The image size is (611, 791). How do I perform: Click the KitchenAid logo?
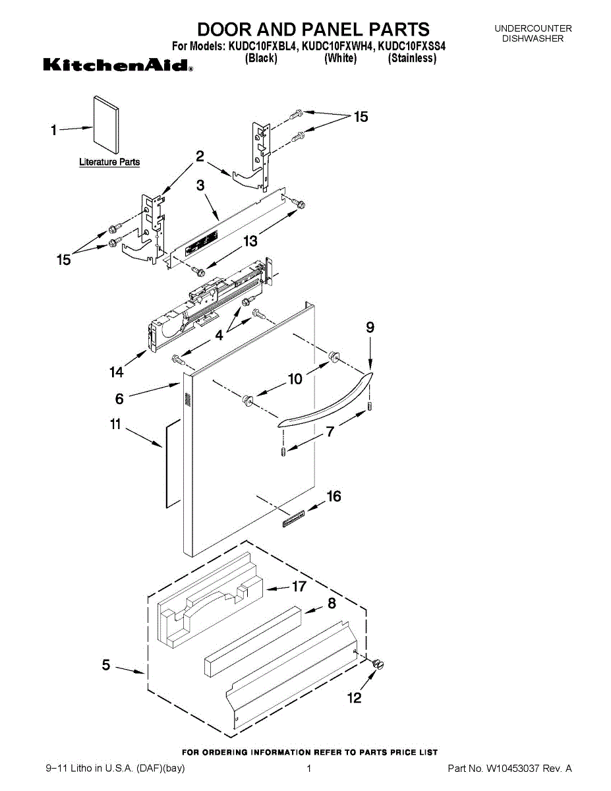click(118, 65)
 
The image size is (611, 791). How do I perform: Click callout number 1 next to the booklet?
click(54, 131)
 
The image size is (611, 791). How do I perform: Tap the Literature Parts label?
click(109, 162)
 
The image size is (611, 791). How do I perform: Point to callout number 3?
click(200, 186)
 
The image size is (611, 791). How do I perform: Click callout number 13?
click(250, 241)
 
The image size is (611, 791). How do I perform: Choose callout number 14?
click(116, 372)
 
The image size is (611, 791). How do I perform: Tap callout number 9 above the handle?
click(370, 328)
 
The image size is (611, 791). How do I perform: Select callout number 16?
click(334, 496)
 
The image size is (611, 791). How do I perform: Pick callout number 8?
click(332, 603)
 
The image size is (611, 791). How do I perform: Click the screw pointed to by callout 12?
click(378, 664)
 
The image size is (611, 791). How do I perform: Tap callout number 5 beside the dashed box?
click(106, 665)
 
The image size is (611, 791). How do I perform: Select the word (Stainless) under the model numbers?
click(412, 59)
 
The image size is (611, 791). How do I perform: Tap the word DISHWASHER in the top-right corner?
click(533, 38)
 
